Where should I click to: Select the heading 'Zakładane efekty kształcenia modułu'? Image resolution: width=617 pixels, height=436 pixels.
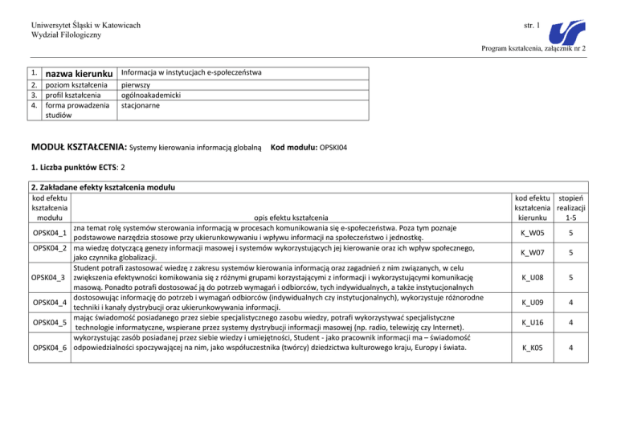tap(104, 187)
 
